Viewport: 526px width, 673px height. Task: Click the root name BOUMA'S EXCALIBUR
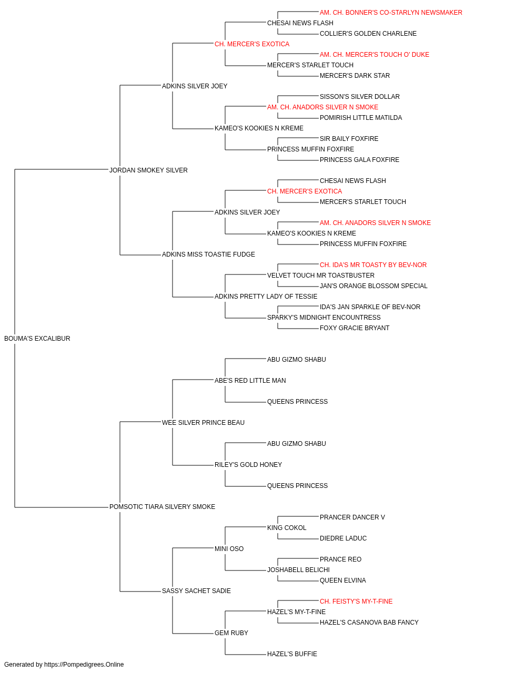37,339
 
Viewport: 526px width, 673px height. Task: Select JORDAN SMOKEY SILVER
148,170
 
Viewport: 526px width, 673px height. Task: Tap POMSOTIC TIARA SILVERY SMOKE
162,507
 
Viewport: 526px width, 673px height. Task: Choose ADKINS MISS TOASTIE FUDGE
208,254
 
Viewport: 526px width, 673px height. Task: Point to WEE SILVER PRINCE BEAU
203,423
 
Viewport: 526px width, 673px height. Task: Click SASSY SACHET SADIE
196,591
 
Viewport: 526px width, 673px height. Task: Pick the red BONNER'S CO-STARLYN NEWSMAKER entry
391,13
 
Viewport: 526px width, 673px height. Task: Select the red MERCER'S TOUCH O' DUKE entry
374,55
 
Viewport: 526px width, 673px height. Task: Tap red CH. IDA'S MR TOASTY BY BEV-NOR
373,265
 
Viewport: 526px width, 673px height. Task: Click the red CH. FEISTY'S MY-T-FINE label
356,601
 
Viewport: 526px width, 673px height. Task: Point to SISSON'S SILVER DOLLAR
359,97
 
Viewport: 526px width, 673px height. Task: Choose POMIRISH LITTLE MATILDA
361,118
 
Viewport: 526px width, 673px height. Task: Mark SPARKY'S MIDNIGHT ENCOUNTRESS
323,318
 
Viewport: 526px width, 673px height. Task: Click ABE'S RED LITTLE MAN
250,381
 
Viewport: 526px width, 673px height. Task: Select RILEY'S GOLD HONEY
248,465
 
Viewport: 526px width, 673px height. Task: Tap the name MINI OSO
229,549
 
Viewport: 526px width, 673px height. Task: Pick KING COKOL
287,528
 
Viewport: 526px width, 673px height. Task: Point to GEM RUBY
231,633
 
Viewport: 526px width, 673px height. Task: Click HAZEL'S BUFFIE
292,654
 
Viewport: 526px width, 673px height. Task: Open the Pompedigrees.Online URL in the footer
84,665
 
